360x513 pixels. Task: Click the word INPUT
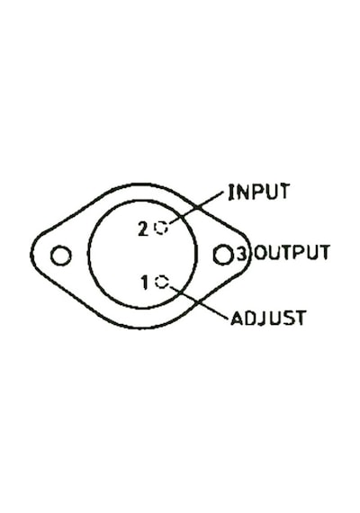pos(259,192)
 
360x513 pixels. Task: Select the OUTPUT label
pos(292,252)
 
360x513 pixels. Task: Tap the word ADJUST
pos(268,318)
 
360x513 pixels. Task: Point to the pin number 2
pos(143,229)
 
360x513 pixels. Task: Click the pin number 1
pos(145,283)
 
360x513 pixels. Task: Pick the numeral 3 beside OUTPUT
pos(241,253)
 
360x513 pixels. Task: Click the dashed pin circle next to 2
pos(161,228)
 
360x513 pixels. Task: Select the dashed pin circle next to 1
pos(162,282)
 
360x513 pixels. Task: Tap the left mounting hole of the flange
pos(61,256)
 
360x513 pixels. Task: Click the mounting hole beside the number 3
pos(223,255)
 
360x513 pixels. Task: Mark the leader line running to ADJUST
pos(199,302)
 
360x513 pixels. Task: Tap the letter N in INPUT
pos(241,192)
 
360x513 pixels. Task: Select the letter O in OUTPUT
pos(260,252)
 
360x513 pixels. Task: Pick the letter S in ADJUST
pos(288,318)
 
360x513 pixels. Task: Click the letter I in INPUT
pos(231,192)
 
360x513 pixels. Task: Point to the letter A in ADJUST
pos(237,318)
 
